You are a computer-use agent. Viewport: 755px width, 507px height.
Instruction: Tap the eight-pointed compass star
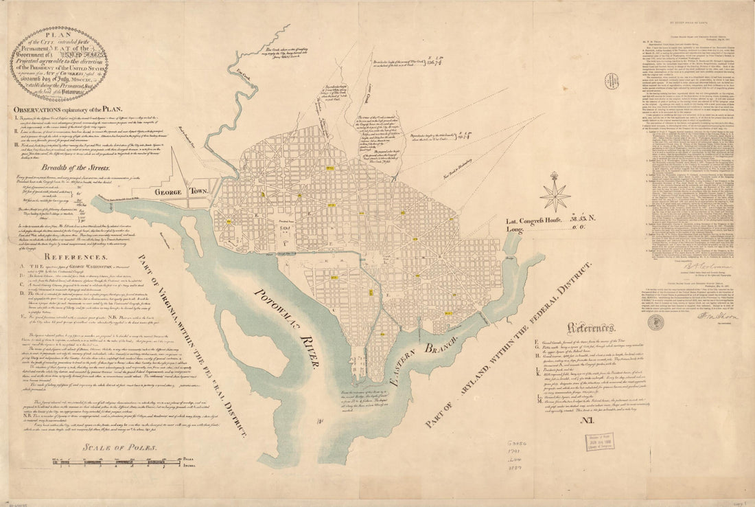[555, 194]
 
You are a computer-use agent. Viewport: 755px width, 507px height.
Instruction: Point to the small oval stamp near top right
[612, 81]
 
